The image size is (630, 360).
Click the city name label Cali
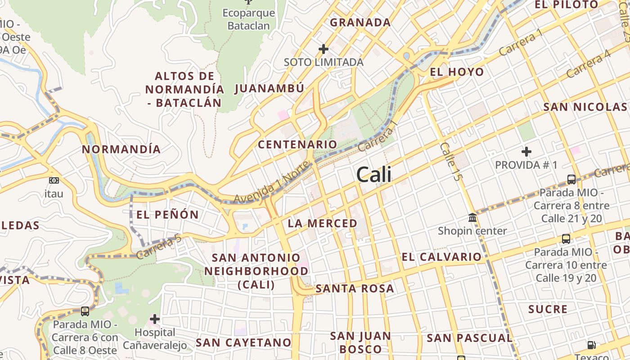pos(373,175)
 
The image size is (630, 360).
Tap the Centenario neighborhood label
pos(297,144)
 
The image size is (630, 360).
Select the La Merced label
pos(322,223)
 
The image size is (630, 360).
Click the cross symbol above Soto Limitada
pos(324,49)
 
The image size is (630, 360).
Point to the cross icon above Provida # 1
pos(526,152)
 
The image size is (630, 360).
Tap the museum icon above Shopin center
pos(472,218)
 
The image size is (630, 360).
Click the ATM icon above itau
pos(54,180)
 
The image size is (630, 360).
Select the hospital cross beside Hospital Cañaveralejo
pos(155,319)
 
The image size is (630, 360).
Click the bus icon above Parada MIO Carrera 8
pos(571,180)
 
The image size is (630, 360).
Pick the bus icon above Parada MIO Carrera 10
pos(566,239)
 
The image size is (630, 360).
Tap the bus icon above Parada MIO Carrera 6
pos(85,311)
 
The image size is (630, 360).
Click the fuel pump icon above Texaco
pos(591,345)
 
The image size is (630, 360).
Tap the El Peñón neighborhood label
pos(167,215)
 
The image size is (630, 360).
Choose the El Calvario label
pos(441,257)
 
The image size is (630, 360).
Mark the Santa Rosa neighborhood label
pos(355,288)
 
